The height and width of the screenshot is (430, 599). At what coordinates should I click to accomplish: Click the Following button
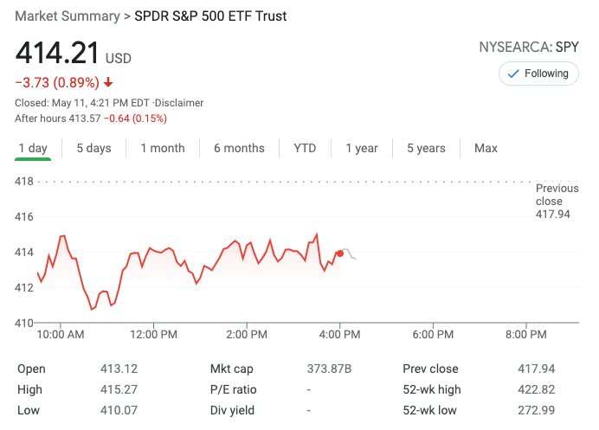click(x=538, y=74)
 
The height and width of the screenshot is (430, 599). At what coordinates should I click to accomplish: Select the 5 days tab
click(x=93, y=148)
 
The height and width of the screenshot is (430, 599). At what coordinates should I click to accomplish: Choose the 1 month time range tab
click(x=163, y=148)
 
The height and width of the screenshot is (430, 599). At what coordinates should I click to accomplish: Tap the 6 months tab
click(x=239, y=148)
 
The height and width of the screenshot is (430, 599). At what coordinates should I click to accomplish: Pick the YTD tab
click(x=305, y=148)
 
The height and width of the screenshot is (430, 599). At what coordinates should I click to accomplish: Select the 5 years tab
click(x=426, y=148)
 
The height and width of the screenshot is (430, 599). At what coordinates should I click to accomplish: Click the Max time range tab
click(x=486, y=148)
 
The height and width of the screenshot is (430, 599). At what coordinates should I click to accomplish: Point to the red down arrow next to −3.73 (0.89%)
click(x=108, y=83)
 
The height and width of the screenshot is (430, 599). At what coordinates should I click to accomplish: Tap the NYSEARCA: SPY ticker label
click(x=529, y=48)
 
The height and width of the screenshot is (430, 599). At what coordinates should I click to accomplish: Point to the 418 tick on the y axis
click(x=24, y=182)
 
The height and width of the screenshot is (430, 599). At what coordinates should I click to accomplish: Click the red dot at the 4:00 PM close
click(x=339, y=254)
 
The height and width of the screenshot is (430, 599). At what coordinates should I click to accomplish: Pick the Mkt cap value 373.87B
click(x=330, y=369)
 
